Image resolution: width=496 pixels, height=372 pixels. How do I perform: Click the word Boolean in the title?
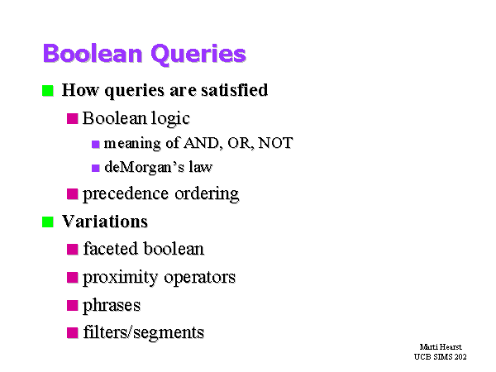(93, 53)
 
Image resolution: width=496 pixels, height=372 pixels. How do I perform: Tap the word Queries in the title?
(198, 55)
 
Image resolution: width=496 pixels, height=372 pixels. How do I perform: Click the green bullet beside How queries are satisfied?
(48, 91)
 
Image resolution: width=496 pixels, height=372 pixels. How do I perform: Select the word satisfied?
(235, 90)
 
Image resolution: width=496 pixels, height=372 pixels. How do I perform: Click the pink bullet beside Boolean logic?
(73, 118)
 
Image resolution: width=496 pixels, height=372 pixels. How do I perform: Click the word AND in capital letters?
(203, 143)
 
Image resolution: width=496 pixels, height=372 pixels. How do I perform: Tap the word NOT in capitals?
(275, 143)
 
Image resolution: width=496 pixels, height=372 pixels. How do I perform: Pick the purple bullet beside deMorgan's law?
(96, 168)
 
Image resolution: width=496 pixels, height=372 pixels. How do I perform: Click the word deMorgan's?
(144, 167)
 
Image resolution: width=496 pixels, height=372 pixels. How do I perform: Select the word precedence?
(126, 194)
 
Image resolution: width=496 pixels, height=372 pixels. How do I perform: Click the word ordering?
(207, 194)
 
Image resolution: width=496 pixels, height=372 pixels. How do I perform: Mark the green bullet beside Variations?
(48, 222)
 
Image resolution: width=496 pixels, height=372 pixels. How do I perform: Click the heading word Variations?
(105, 221)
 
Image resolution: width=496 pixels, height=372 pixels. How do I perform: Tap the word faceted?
(111, 248)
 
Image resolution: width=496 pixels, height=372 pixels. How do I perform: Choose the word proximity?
(120, 278)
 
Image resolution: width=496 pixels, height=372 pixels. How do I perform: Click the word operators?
(199, 278)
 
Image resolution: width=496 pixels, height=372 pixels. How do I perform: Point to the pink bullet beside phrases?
(73, 306)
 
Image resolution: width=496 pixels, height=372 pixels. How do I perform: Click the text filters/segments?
(144, 332)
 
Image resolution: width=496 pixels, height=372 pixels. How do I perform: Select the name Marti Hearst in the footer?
(441, 346)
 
